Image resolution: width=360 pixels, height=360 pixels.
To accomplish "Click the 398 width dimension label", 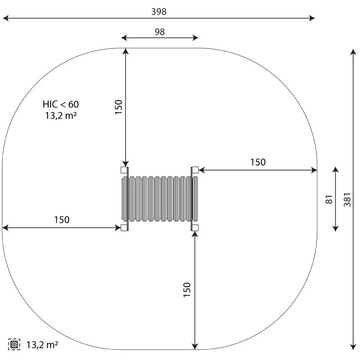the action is tap(159, 12).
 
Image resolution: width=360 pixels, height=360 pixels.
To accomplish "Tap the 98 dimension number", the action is tap(160, 31).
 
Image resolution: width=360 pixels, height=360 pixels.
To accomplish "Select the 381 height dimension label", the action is tap(347, 200).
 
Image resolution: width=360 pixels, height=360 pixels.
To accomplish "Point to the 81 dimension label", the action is tap(329, 199).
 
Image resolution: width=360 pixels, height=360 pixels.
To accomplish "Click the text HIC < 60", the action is tap(61, 104).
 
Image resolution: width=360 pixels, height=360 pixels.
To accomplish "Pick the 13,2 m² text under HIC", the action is tap(61, 115).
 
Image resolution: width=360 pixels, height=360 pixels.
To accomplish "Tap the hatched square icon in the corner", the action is tap(14, 344).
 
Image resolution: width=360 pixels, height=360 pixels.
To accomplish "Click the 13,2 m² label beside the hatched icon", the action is tap(42, 345).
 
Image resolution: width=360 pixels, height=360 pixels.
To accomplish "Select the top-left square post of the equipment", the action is tap(124, 170).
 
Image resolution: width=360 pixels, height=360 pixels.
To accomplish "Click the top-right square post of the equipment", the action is tap(195, 170).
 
